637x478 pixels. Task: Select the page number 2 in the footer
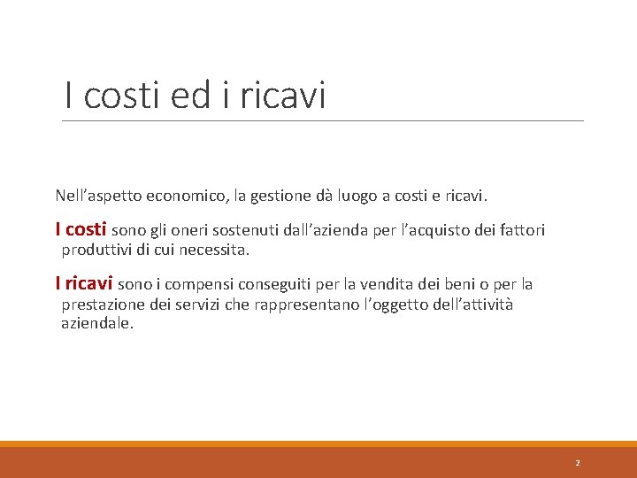click(577, 463)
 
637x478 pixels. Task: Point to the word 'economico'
click(185, 194)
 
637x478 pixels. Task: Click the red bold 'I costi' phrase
click(81, 229)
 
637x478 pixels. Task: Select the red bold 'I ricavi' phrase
click(83, 284)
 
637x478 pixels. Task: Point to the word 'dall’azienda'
click(323, 230)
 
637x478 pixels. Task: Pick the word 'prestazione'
click(101, 305)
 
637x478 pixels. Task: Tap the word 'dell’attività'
click(467, 305)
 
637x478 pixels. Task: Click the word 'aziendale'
click(96, 324)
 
